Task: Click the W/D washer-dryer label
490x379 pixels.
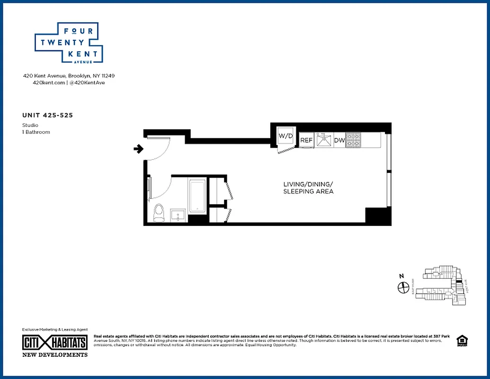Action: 285,136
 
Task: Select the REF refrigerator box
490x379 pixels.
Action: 306,140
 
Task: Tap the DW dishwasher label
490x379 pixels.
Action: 339,140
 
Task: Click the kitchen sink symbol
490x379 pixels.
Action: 324,140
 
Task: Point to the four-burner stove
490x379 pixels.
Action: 354,140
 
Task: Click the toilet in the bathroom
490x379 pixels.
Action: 159,213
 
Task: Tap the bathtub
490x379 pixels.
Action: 197,196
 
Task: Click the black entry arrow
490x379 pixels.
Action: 138,149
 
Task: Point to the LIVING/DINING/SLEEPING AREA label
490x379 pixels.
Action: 308,188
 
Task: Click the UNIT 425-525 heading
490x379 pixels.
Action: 47,115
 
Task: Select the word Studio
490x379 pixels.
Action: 30,125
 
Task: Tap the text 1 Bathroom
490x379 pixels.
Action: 36,132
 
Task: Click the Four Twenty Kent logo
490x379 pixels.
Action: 69,43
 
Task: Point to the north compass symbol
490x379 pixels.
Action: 403,287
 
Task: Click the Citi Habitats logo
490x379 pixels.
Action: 55,343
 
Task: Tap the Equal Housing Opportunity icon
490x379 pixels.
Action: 461,340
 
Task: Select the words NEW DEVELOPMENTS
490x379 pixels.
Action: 55,354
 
